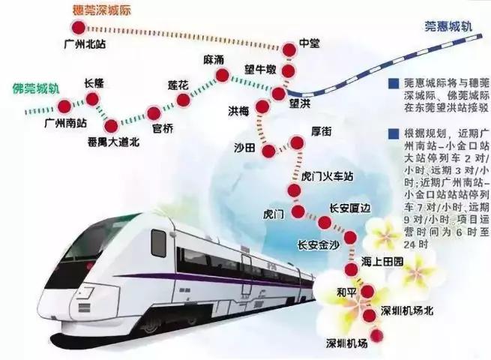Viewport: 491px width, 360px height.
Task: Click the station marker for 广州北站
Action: point(76,26)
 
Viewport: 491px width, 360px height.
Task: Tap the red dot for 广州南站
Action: point(65,104)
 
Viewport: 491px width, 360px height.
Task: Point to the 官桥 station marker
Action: point(154,113)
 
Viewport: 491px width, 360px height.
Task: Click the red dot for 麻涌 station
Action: point(222,75)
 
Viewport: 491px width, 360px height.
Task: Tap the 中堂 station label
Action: point(309,43)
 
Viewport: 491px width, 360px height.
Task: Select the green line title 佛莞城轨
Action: point(32,88)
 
